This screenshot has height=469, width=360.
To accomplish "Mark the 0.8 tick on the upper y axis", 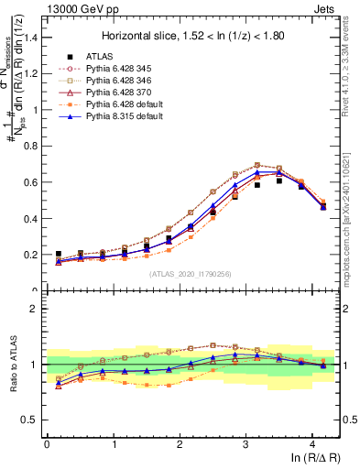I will coord(35,147).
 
